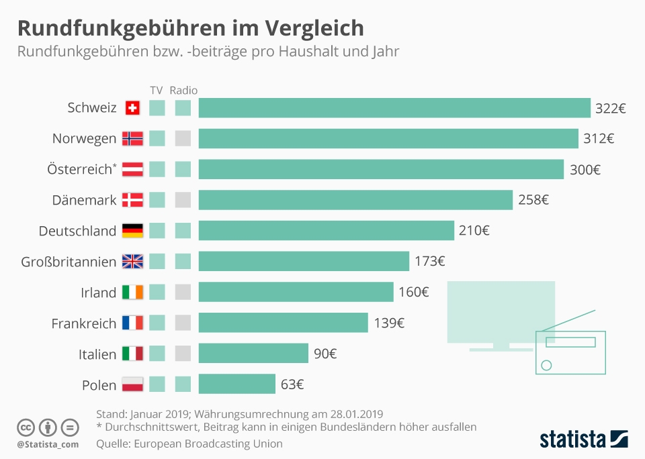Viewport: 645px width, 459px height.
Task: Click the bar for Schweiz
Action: click(394, 108)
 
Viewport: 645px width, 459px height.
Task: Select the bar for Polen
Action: click(237, 385)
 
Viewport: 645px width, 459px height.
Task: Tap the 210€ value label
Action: click(474, 231)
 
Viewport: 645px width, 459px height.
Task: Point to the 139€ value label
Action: click(389, 323)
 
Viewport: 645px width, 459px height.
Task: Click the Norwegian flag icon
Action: click(132, 139)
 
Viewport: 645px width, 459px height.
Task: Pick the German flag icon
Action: click(132, 231)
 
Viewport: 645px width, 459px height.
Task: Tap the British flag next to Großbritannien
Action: click(132, 262)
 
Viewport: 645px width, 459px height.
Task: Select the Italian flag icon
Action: click(132, 354)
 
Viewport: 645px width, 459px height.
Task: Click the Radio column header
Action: click(183, 90)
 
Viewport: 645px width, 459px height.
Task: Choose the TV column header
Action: click(157, 90)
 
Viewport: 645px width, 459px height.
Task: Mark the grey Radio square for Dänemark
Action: click(183, 200)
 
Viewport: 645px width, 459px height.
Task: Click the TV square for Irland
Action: click(157, 292)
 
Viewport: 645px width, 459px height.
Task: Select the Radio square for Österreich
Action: click(183, 169)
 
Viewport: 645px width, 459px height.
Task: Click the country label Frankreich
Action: click(84, 323)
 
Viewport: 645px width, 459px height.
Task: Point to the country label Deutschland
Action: click(77, 231)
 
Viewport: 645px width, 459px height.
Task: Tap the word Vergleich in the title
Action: click(314, 28)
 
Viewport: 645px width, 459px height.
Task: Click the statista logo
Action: click(583, 440)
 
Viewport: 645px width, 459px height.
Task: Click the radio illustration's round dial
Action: click(546, 365)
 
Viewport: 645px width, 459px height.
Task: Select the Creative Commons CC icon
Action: click(26, 427)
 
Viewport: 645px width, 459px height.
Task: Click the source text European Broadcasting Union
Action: click(208, 444)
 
